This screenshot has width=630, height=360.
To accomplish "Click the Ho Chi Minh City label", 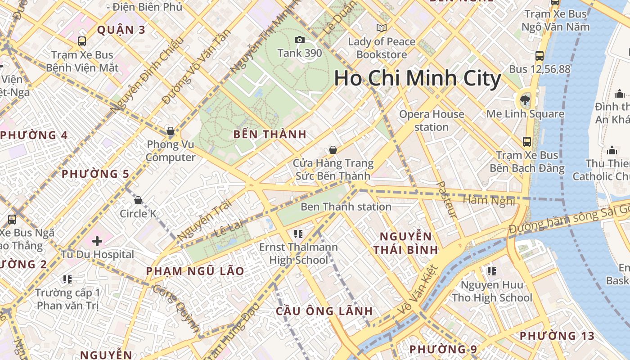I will (417, 78).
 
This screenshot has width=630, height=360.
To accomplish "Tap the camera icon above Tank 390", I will (299, 40).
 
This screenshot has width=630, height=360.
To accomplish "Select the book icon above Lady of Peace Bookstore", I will (382, 28).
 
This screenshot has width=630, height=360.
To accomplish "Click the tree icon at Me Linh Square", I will (525, 100).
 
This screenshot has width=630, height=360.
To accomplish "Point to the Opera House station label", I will (432, 121).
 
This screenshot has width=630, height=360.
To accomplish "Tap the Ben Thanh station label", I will (346, 207).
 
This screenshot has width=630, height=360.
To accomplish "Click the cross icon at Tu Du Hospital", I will (97, 241).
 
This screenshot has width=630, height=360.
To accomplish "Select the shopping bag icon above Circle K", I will (138, 200).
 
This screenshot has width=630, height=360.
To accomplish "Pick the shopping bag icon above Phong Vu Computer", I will (171, 131).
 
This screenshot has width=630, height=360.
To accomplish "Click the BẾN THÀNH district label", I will (270, 134).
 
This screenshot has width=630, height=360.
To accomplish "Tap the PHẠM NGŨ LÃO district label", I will (195, 271).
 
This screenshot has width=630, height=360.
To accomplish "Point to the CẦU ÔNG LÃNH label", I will (324, 311).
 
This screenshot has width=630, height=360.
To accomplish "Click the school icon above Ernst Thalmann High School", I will (298, 234).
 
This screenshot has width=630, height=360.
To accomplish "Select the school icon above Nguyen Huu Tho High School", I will (491, 271).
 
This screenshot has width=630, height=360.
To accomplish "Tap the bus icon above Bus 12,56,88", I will (539, 56).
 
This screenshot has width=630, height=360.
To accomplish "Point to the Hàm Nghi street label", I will (488, 200).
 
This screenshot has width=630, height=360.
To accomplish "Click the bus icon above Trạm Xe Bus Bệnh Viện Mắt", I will (82, 41).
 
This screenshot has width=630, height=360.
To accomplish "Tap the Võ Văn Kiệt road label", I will (418, 291).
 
